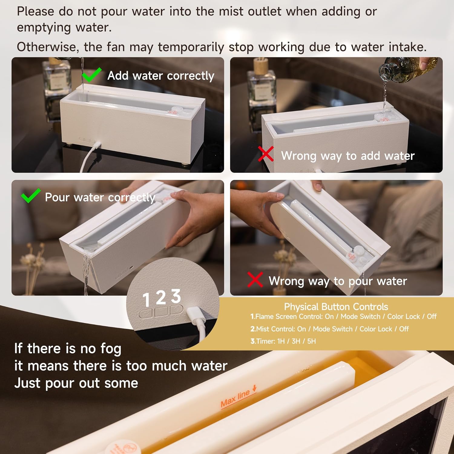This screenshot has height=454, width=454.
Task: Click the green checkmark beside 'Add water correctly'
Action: pos(91,75)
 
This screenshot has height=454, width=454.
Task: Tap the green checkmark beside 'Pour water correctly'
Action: pos(30,196)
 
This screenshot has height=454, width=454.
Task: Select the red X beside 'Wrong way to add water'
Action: pos(266,154)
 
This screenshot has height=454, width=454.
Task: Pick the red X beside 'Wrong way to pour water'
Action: pos(255,279)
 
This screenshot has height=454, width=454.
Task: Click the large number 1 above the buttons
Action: pos(146,300)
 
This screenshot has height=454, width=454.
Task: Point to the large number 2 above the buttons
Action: pos(161,298)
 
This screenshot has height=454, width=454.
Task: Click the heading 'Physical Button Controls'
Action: pos(336,307)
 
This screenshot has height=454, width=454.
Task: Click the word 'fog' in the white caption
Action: pos(111,349)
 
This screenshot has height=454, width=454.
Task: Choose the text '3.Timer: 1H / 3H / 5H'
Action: pos(283,341)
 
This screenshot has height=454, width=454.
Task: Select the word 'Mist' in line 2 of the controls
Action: pos(263,329)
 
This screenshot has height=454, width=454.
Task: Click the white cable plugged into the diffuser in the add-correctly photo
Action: pos(89,154)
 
